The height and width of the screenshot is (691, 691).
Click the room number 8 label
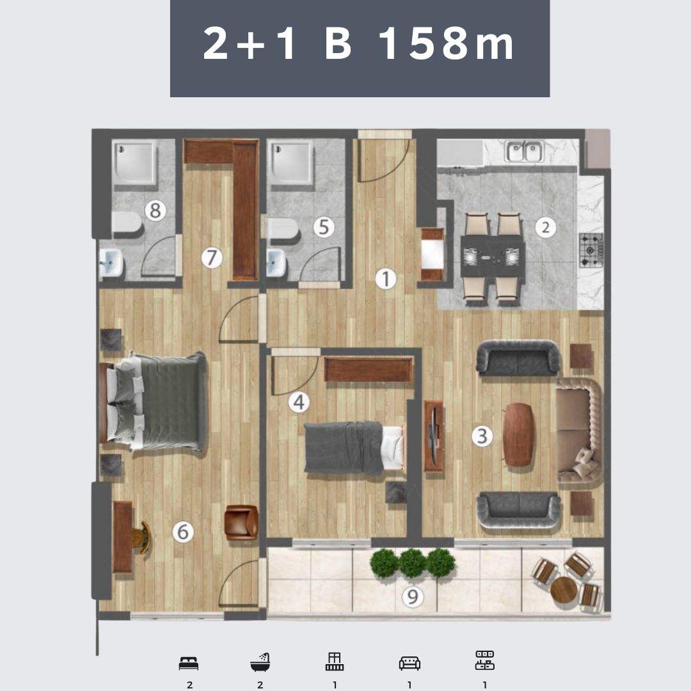[155, 210]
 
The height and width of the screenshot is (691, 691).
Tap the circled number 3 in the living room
[482, 436]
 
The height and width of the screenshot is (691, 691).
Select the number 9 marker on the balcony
[413, 597]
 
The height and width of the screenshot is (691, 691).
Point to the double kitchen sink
[525, 151]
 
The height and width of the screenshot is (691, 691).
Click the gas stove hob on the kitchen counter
[591, 250]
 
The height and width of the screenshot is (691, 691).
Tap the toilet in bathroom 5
[283, 228]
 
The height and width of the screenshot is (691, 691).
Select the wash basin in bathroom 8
[111, 263]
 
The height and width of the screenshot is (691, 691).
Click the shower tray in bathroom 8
[134, 162]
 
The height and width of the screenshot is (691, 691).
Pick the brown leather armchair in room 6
[241, 522]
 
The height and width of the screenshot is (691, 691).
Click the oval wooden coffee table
[518, 434]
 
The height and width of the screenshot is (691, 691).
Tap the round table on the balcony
[564, 590]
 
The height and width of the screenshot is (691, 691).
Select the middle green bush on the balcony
[413, 563]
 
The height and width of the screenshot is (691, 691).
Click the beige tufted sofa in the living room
[578, 430]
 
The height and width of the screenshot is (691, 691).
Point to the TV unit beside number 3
[434, 436]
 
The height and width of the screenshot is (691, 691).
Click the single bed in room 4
[354, 448]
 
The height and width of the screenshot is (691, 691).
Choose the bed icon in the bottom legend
[189, 663]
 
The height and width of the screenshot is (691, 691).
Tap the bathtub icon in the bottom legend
[260, 662]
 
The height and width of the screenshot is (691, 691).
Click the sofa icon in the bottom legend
[409, 663]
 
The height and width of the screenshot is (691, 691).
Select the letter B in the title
[338, 44]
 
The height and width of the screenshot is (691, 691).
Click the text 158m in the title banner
[447, 44]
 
